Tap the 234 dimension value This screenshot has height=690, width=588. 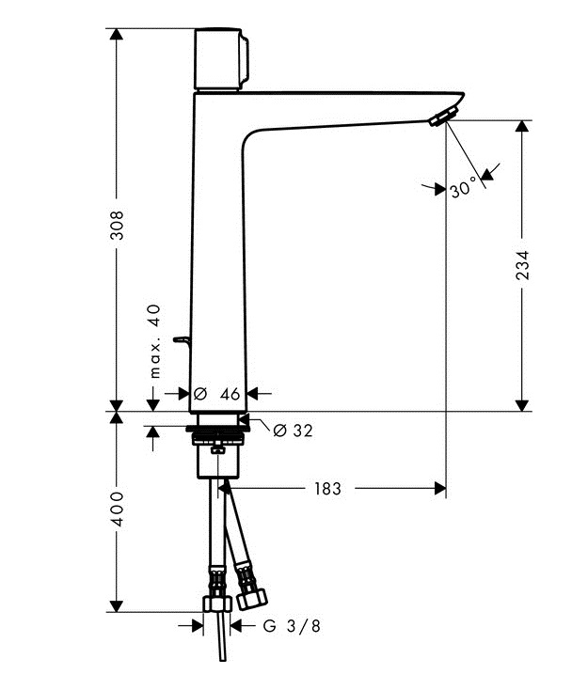click(523, 266)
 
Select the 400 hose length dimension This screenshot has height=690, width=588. click(117, 508)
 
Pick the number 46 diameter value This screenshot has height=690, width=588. click(230, 394)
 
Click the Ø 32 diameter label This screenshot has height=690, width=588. click(292, 430)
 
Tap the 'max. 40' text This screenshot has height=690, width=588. click(155, 340)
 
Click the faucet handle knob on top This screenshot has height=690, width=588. click(223, 59)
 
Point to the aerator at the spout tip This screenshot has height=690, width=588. click(440, 117)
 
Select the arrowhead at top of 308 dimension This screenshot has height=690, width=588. click(117, 35)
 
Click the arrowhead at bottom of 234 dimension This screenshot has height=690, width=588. click(523, 404)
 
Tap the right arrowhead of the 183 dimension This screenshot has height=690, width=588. click(437, 488)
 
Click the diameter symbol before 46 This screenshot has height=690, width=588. click(199, 394)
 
